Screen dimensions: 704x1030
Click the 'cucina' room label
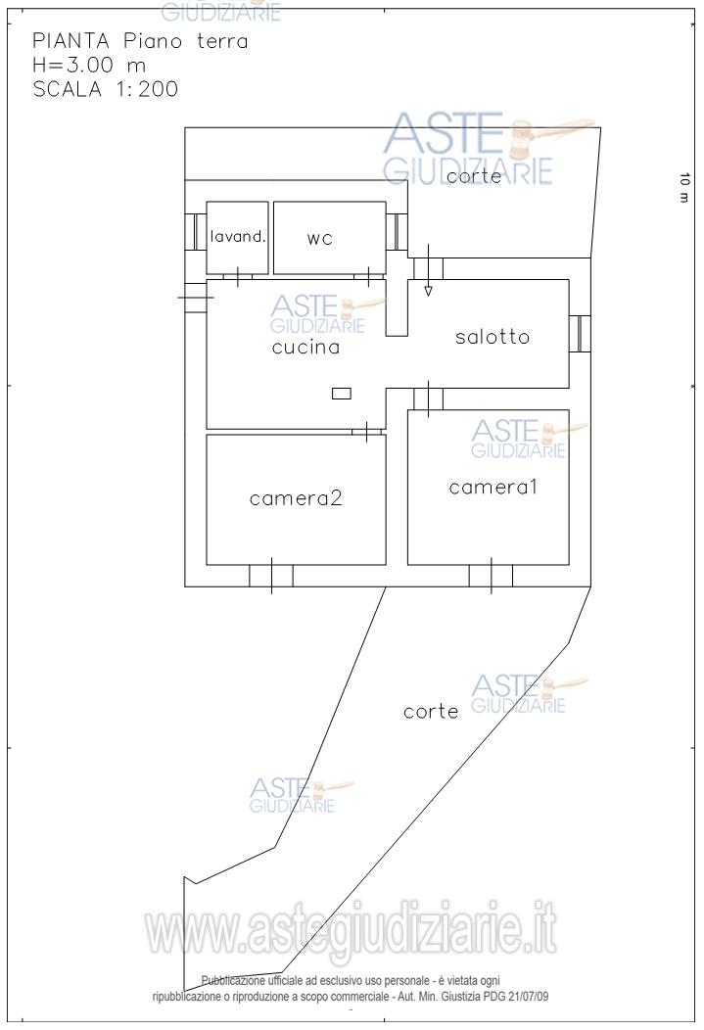click(x=306, y=347)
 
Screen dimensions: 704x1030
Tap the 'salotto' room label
click(x=493, y=337)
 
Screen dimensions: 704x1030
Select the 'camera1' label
click(x=493, y=487)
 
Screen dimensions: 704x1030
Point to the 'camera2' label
click(x=296, y=498)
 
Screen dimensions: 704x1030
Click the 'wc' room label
click(x=320, y=239)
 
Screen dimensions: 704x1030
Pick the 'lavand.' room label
click(x=238, y=237)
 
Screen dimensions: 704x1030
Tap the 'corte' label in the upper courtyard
click(x=474, y=176)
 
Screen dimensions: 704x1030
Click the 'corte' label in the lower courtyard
click(x=431, y=712)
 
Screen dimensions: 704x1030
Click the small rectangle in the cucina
click(x=342, y=394)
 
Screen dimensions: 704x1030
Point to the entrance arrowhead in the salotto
click(x=428, y=291)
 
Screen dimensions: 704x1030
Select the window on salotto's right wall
click(x=580, y=334)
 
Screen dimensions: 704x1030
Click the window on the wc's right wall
click(x=397, y=232)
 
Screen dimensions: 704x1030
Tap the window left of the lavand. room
click(x=196, y=232)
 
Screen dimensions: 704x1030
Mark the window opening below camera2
click(x=271, y=576)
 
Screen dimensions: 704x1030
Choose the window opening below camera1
click(x=491, y=576)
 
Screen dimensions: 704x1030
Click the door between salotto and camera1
click(x=428, y=398)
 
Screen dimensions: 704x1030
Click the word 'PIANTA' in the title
click(x=70, y=41)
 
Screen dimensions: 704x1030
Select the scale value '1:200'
click(x=148, y=89)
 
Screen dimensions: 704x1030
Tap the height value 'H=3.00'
click(x=72, y=65)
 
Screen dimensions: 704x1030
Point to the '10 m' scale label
click(x=684, y=188)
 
